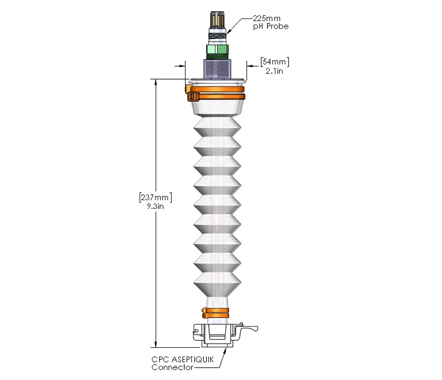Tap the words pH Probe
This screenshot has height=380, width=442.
click(x=270, y=27)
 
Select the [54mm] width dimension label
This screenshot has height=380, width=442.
click(x=275, y=62)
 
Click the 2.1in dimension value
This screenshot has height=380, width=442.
click(x=274, y=71)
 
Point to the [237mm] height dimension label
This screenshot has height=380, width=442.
click(x=155, y=197)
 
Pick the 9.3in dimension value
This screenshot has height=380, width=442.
click(x=155, y=206)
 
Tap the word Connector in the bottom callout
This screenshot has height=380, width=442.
click(x=172, y=367)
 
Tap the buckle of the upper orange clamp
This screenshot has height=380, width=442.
click(x=191, y=96)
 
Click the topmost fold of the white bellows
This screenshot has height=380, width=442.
click(x=217, y=125)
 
